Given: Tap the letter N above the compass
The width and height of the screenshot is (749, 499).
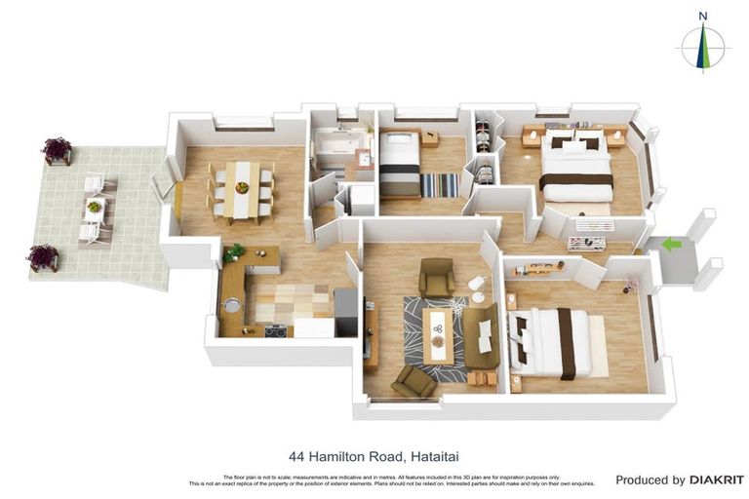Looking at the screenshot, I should (x=703, y=15).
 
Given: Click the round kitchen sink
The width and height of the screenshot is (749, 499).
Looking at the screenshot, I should (x=232, y=305).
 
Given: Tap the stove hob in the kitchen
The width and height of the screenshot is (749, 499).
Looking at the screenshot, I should (x=275, y=330).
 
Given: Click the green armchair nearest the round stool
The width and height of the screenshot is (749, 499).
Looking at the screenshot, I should (x=436, y=278).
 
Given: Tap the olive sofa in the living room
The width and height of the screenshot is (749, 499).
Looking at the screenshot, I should (x=481, y=335).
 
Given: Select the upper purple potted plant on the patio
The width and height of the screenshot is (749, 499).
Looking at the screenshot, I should (x=57, y=150).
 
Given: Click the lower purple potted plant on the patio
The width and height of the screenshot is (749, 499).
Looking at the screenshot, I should (x=43, y=256).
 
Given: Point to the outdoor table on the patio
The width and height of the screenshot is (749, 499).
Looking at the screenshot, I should (x=95, y=208).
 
